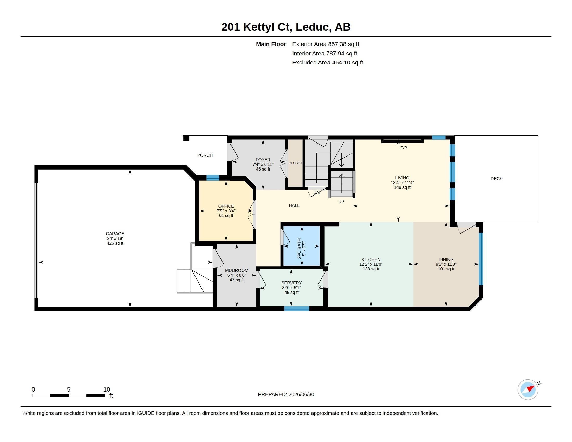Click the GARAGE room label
[115, 234]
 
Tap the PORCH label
[205, 155]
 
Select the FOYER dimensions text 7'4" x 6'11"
[263, 164]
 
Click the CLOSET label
[295, 163]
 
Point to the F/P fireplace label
[404, 148]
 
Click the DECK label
[497, 179]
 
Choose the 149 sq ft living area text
[402, 187]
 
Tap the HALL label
[294, 206]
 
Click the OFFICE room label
[226, 206]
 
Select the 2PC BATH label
[300, 249]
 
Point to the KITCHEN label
[371, 259]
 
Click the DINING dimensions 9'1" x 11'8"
[446, 264]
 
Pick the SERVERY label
[291, 283]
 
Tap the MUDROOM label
[237, 270]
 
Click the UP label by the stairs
[341, 201]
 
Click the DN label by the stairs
[316, 192]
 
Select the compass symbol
[528, 389]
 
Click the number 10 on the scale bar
[107, 389]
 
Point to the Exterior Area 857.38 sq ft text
[326, 44]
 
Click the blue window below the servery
[297, 309]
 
